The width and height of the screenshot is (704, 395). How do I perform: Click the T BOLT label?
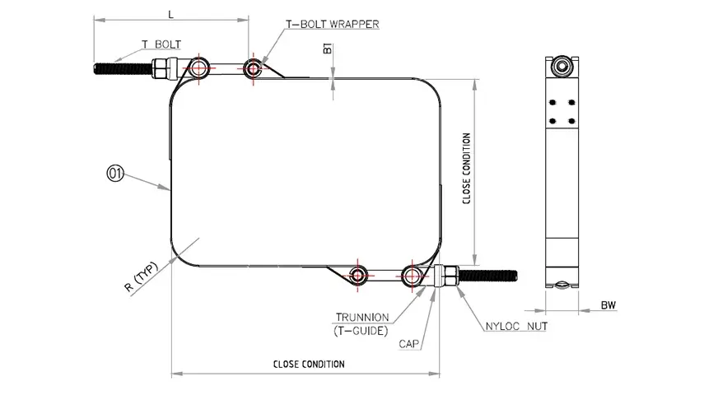click(161, 44)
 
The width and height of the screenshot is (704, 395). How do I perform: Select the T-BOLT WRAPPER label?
click(332, 24)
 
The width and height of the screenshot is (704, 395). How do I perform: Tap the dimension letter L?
click(170, 14)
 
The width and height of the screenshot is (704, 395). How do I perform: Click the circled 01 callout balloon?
click(114, 174)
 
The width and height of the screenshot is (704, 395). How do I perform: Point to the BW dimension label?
click(608, 306)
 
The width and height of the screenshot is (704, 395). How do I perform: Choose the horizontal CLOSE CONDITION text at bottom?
click(309, 364)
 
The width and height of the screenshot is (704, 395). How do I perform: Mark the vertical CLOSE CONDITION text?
click(467, 169)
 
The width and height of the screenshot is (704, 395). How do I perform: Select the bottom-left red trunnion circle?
click(358, 276)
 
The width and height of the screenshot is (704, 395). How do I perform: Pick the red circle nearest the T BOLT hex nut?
click(198, 67)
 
